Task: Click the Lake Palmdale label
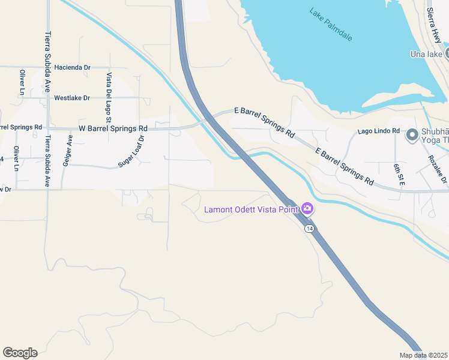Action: [330, 24]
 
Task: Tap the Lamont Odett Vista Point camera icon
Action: [307, 209]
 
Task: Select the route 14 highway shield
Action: [309, 229]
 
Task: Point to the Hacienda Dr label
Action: [72, 68]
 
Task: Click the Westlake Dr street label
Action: [71, 97]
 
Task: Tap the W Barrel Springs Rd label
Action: [113, 128]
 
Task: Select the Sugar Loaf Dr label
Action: [132, 151]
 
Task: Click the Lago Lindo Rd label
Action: [378, 130]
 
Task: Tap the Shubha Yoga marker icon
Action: [412, 136]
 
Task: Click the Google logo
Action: [20, 352]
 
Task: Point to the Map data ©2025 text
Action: [423, 355]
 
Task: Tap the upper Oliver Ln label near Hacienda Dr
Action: [22, 82]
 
